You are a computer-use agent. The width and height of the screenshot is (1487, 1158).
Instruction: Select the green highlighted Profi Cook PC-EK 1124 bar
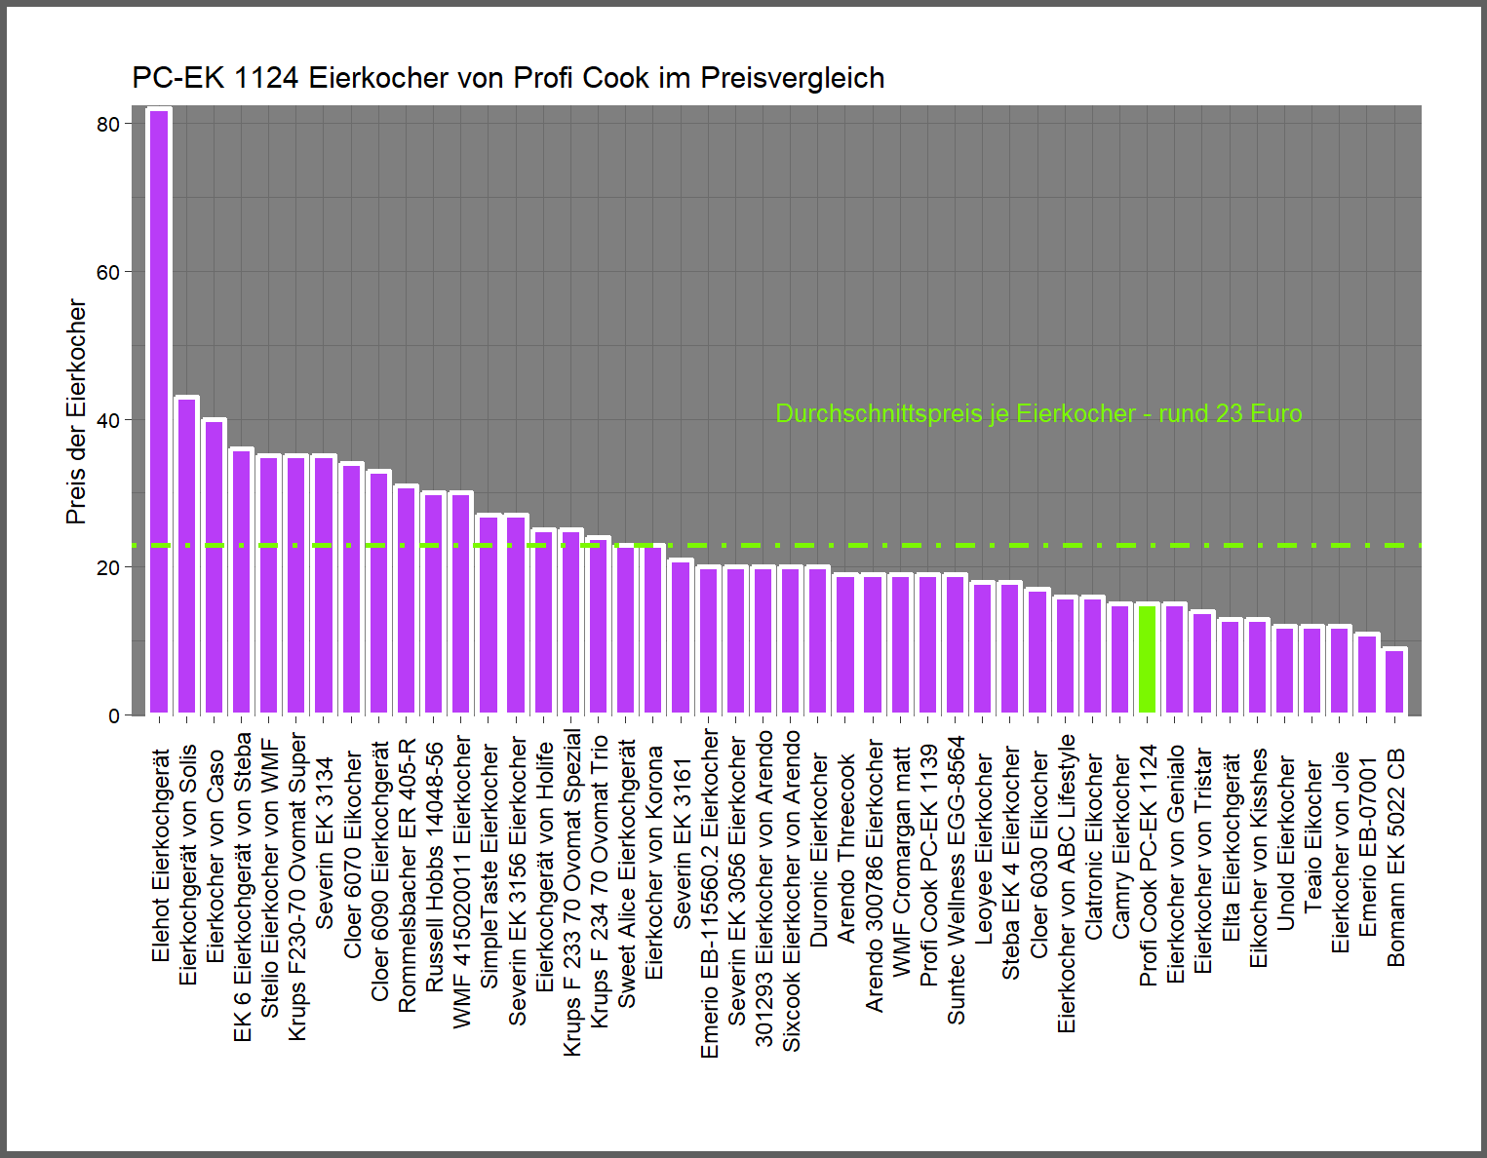point(1148,660)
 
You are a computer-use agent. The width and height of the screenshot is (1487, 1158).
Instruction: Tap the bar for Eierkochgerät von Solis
point(186,556)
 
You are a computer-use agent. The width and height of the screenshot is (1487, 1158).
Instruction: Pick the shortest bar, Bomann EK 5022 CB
point(1395,682)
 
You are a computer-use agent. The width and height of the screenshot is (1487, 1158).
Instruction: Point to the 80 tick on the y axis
point(108,124)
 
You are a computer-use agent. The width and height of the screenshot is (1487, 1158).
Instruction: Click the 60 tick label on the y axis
point(108,273)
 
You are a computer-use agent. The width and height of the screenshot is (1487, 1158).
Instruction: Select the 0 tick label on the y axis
point(115,716)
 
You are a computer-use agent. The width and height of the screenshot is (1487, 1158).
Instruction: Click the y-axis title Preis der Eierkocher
point(76,411)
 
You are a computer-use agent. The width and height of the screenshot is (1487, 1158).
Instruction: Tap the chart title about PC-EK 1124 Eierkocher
point(508,78)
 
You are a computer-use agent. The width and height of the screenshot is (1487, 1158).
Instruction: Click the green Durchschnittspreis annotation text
point(1038,414)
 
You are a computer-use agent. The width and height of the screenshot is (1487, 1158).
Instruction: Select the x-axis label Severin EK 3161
point(683,843)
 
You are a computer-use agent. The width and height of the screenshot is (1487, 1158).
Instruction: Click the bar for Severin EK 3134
point(324,585)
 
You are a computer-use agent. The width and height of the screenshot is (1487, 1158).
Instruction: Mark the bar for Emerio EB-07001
point(1368,675)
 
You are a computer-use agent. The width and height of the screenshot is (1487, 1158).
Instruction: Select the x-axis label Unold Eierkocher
point(1286,843)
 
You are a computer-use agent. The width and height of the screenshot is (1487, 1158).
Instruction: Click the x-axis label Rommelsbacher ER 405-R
point(408,875)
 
